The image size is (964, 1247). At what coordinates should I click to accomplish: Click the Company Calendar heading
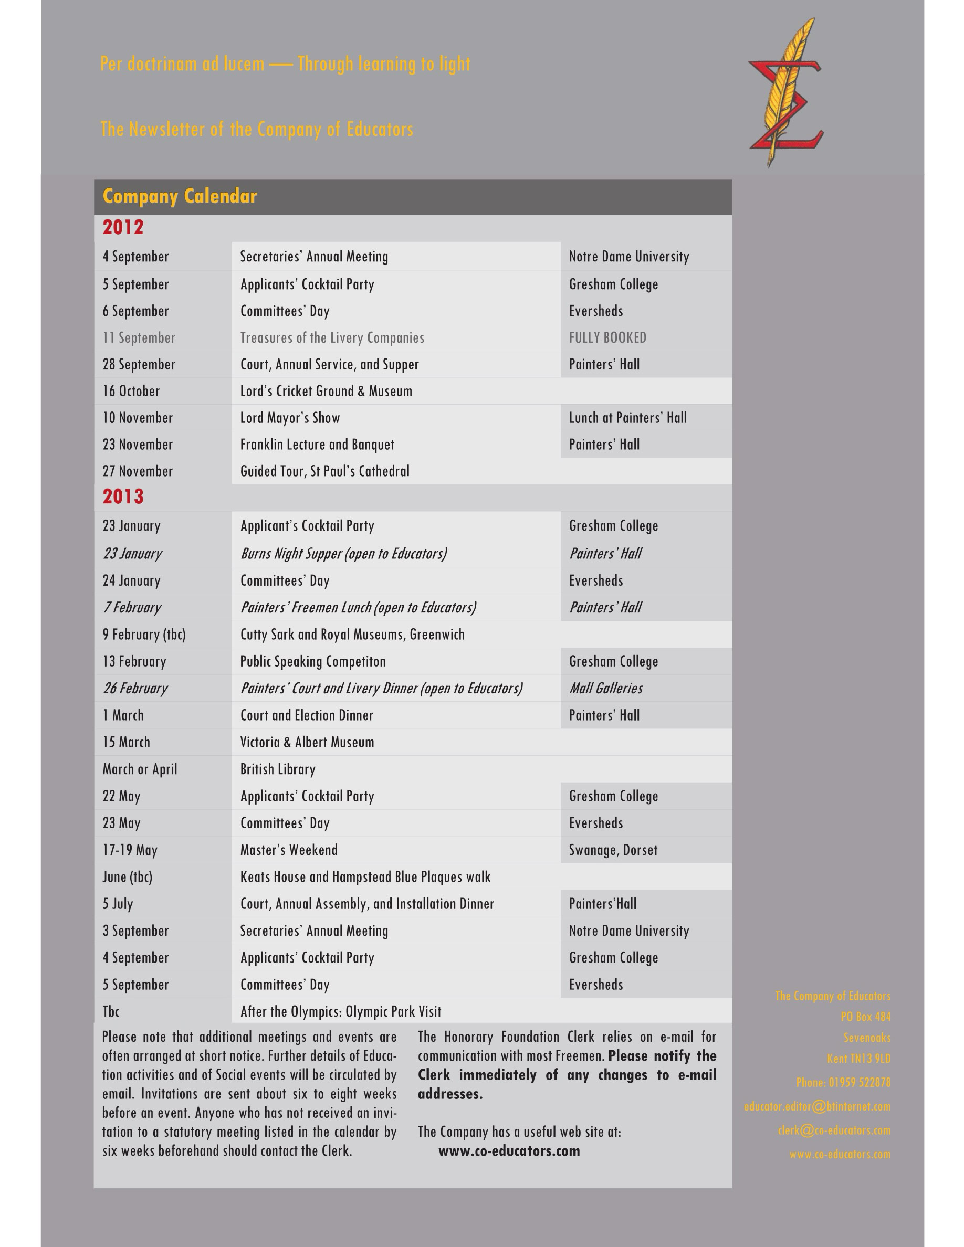coord(180,196)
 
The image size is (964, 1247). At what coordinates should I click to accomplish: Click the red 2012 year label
coord(123,227)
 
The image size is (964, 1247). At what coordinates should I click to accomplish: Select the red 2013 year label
coord(123,496)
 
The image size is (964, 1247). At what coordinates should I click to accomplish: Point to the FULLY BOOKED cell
coord(607,337)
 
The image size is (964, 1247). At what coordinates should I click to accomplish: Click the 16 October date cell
coord(131,391)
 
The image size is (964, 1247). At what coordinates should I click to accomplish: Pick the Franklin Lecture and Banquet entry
coord(317,444)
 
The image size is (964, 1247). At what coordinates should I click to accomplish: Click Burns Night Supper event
coord(343,553)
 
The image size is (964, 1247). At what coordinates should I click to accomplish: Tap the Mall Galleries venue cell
coord(605,688)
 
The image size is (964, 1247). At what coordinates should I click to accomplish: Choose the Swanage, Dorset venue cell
coord(613,850)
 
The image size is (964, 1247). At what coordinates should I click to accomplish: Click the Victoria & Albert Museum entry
coord(307,742)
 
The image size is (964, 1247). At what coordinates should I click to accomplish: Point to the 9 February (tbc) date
coord(144,635)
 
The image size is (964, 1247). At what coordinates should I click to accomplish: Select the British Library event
coord(278,769)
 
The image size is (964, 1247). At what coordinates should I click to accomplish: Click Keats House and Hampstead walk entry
coord(365,876)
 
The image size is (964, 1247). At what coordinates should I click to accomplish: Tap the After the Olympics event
coord(340,1011)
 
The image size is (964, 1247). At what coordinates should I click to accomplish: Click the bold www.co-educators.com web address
coord(509,1150)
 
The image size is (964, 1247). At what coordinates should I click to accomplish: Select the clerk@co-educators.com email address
coord(834,1130)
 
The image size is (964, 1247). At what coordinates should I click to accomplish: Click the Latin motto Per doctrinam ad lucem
coord(182,64)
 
